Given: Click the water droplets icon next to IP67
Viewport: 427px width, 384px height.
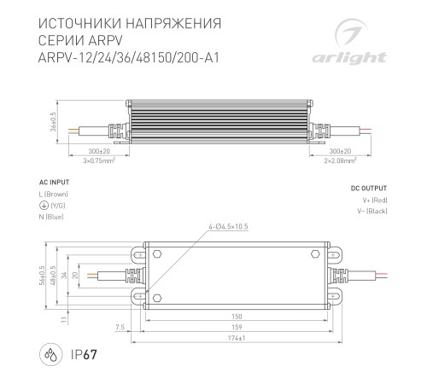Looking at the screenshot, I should point(51,355).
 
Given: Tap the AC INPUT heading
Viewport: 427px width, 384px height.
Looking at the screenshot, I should point(54,183).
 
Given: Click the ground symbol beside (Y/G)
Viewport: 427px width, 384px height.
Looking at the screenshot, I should point(42,205).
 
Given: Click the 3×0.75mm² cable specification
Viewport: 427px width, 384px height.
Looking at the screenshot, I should point(99,160).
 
